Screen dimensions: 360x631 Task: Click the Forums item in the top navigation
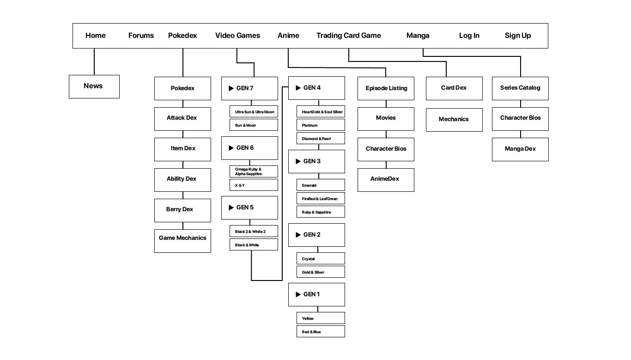pyautogui.click(x=141, y=36)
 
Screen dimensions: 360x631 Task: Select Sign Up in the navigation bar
pyautogui.click(x=517, y=36)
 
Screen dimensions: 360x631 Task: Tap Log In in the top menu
pyautogui.click(x=469, y=36)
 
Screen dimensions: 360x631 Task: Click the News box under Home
pyautogui.click(x=94, y=86)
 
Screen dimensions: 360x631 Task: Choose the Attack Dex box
pyautogui.click(x=182, y=119)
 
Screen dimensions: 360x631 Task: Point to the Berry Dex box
pyautogui.click(x=182, y=210)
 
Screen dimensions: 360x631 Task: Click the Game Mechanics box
pyautogui.click(x=182, y=241)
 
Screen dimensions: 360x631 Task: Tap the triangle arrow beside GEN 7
pyautogui.click(x=231, y=88)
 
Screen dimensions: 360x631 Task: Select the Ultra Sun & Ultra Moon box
pyautogui.click(x=254, y=112)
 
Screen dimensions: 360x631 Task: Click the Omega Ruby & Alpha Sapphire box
pyautogui.click(x=254, y=171)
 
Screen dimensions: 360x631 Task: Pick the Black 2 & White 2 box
pyautogui.click(x=254, y=231)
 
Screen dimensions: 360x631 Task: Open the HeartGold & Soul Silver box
pyautogui.click(x=321, y=112)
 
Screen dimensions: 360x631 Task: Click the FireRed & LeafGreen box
pyautogui.click(x=321, y=198)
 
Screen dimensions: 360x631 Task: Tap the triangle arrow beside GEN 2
pyautogui.click(x=298, y=235)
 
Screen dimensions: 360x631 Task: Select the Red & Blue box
pyautogui.click(x=321, y=332)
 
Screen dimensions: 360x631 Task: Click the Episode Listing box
pyautogui.click(x=386, y=88)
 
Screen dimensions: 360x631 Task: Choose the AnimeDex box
pyautogui.click(x=386, y=180)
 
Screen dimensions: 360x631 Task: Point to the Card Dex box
pyautogui.click(x=454, y=88)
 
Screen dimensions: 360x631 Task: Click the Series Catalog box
pyautogui.click(x=520, y=88)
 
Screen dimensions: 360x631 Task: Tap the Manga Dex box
pyautogui.click(x=520, y=149)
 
